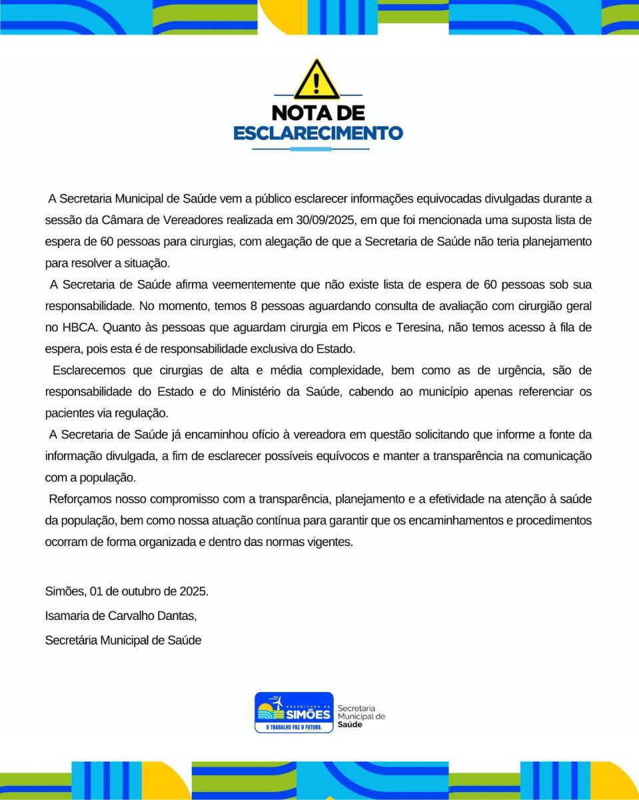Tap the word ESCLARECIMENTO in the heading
(x=318, y=133)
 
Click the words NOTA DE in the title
(x=318, y=112)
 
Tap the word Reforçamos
(x=77, y=499)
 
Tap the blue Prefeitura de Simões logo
(x=293, y=712)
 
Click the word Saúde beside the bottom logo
(x=350, y=725)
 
